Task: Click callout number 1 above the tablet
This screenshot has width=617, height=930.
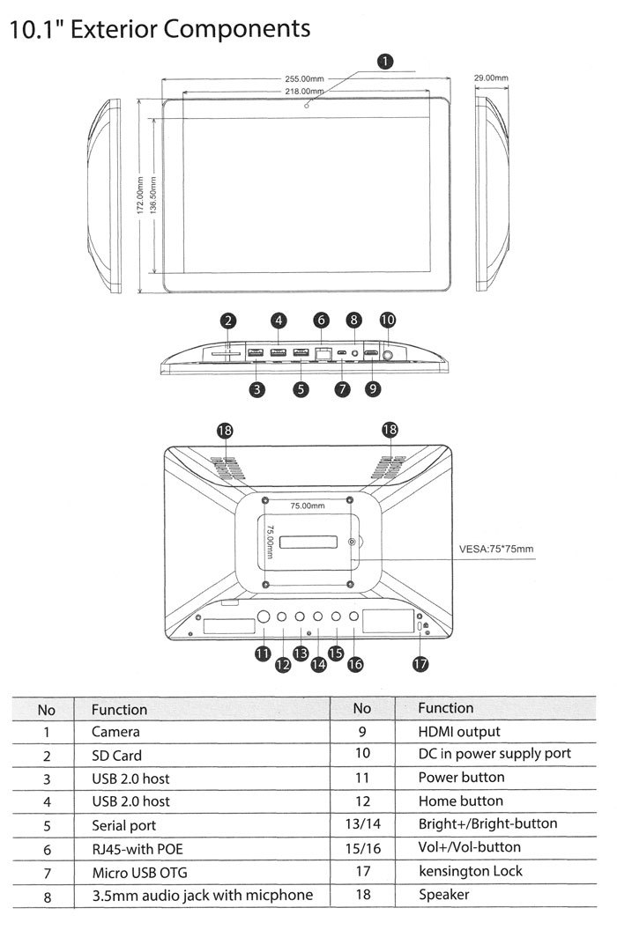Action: coord(384,62)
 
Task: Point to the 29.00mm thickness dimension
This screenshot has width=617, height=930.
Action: coord(491,78)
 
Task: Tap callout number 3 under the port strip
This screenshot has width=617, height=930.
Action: coord(256,388)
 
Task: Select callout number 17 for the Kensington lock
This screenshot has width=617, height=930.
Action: coord(420,664)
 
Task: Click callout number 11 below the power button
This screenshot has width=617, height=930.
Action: coord(262,653)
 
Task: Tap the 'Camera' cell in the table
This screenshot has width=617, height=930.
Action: coord(115,732)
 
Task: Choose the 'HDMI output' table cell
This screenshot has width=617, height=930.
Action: coord(458,732)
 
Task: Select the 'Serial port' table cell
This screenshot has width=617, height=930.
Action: coord(123,825)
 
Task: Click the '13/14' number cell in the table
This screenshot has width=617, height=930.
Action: coord(361,824)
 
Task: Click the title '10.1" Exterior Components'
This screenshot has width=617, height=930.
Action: coord(160,29)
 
